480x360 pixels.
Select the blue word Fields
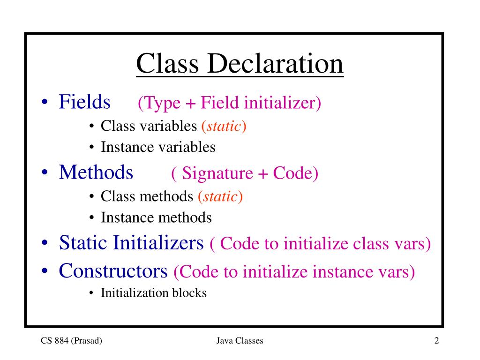[84, 102]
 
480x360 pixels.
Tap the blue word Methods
[96, 172]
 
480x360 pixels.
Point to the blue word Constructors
[113, 270]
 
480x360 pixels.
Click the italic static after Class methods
[220, 196]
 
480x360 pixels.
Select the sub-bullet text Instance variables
[158, 147]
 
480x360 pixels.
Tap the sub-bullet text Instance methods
[156, 217]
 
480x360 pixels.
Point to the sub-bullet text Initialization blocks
[154, 293]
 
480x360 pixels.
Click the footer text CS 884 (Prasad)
[71, 341]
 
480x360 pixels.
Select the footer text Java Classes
[240, 341]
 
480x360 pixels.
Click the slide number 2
[436, 341]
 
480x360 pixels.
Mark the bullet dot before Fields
[45, 103]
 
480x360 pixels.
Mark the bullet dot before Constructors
[45, 272]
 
